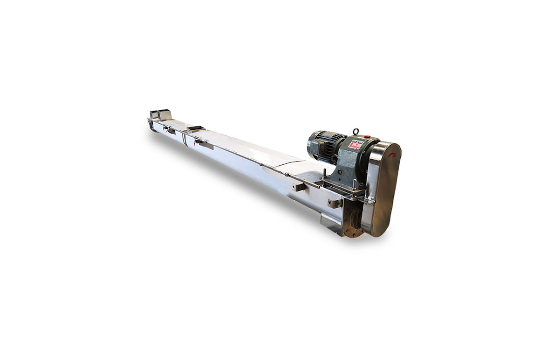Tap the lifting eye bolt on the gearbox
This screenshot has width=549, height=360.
(356, 131)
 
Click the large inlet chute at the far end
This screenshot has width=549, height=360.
(160, 115)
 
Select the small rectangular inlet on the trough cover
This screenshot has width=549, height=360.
(195, 128)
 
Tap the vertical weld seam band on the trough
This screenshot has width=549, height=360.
(184, 137)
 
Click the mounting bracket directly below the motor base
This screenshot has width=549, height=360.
(335, 202)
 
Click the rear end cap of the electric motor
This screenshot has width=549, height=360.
(312, 145)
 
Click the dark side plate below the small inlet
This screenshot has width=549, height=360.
(205, 145)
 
